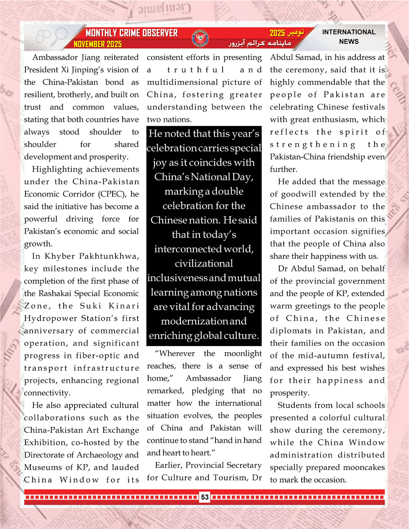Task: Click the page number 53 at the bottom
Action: [204, 497]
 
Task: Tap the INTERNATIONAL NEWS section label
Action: [349, 37]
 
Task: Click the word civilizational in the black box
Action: [204, 263]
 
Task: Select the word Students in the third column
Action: [296, 405]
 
